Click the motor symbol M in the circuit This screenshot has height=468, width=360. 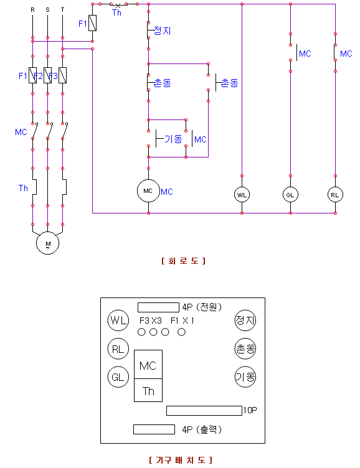47,243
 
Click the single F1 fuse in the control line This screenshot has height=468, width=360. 93,23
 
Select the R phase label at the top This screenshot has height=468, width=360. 32,10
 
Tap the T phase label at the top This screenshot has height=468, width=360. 62,10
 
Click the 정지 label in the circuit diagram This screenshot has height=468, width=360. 162,30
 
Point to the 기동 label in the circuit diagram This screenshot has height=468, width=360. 173,139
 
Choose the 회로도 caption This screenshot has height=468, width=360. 184,261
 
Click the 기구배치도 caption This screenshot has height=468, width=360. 181,460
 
